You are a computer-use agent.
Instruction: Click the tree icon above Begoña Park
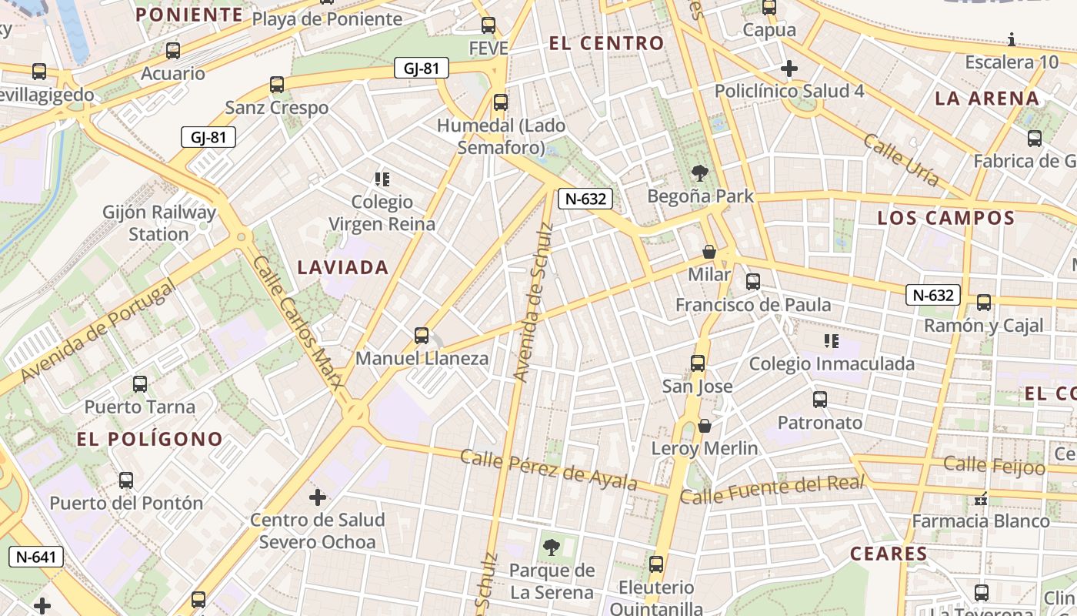pos(699,172)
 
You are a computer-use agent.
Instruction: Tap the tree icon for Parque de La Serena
pos(551,547)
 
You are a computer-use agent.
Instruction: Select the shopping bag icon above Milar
pos(709,252)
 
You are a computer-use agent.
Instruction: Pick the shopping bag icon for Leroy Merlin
pos(704,426)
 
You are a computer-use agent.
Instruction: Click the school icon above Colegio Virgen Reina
pos(382,179)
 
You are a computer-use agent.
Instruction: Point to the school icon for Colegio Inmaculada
pos(831,340)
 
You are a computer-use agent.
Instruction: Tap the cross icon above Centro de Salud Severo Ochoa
pos(318,497)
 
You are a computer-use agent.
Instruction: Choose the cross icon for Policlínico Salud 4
pos(789,69)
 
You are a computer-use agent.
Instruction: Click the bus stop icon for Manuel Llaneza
pos(422,335)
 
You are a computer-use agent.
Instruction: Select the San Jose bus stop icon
pos(698,363)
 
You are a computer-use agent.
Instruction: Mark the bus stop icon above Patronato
pos(820,400)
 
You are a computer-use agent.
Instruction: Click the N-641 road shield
pos(36,556)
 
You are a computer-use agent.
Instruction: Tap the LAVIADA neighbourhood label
pos(343,268)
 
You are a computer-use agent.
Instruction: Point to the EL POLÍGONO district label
pos(150,440)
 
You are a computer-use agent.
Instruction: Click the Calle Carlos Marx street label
pos(296,323)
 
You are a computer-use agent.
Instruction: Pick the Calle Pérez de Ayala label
pos(549,469)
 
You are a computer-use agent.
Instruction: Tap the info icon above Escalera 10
pos(1012,39)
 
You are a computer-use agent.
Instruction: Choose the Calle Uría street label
pos(901,160)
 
